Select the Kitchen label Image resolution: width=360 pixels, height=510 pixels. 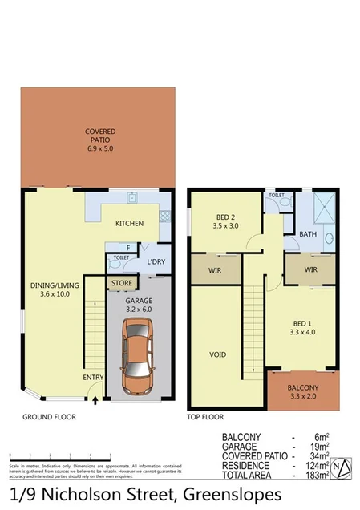(x=129, y=224)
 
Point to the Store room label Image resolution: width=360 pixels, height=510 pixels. (x=122, y=283)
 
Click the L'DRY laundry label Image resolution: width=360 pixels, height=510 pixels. (x=155, y=262)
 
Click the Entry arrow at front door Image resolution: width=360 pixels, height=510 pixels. (x=96, y=394)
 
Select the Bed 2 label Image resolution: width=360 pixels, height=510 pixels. (x=227, y=221)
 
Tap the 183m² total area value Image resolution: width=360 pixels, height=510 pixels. (x=312, y=476)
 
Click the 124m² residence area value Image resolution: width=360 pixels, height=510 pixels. (x=312, y=466)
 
